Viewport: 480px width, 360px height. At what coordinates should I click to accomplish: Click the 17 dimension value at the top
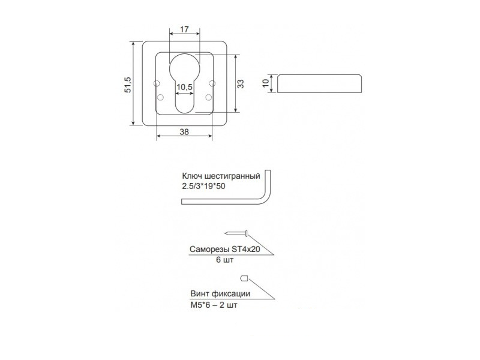(x=184, y=29)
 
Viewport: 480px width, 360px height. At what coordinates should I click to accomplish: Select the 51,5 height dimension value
(x=128, y=85)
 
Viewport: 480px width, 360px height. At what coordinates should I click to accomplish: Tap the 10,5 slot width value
(x=184, y=87)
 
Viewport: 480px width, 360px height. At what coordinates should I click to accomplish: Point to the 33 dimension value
(x=241, y=84)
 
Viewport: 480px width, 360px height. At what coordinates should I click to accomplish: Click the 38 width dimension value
(x=184, y=132)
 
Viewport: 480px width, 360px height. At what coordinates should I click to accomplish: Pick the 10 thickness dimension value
(x=266, y=83)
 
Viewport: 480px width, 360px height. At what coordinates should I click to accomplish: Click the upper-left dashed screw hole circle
(x=157, y=83)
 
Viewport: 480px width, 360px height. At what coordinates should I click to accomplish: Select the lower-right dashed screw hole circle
(x=209, y=97)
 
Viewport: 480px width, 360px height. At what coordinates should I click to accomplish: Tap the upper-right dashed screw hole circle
(x=212, y=83)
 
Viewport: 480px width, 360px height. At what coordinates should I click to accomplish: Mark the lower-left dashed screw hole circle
(x=160, y=98)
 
